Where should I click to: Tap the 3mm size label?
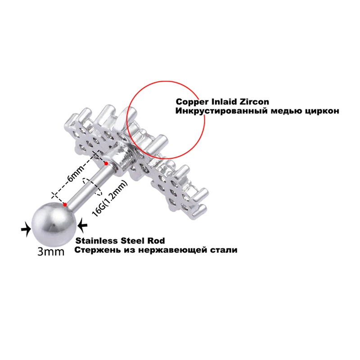click(51, 251)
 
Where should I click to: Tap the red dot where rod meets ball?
click(66, 205)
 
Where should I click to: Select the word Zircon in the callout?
click(256, 102)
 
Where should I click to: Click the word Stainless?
click(94, 240)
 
